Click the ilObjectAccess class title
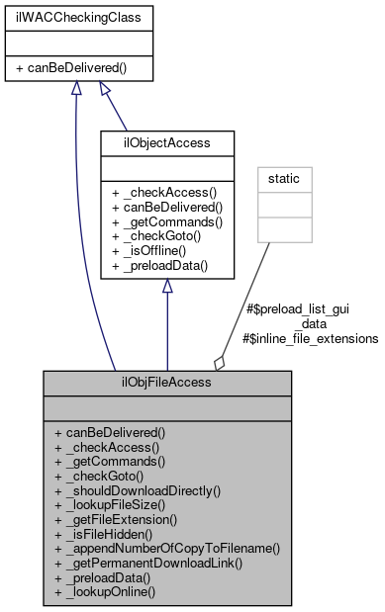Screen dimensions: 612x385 click(166, 143)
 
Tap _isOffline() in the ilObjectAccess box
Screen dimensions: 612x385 click(161, 251)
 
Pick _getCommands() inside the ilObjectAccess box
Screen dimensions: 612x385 click(168, 222)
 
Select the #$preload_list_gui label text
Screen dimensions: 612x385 click(296, 309)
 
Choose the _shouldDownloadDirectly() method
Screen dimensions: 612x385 click(138, 489)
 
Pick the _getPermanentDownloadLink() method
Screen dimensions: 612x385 click(148, 562)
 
